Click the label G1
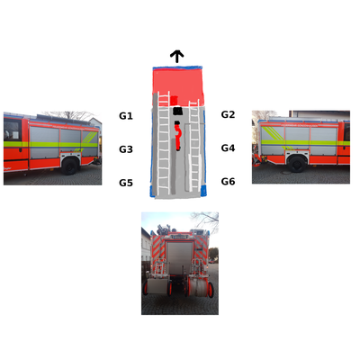[126, 116]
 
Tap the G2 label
[228, 114]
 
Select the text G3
[126, 149]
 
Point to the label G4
[228, 148]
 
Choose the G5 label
[126, 183]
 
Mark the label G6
[228, 182]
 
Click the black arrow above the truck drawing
[177, 57]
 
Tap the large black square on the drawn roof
[178, 111]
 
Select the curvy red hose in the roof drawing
[178, 138]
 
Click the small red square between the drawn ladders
[174, 100]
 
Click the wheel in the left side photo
[69, 166]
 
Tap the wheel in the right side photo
[297, 164]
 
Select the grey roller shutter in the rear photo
[179, 258]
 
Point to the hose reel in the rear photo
[199, 287]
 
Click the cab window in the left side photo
[12, 130]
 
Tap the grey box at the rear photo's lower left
[157, 286]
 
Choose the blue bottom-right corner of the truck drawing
[203, 190]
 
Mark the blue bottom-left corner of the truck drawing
[153, 191]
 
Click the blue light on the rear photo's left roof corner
[153, 232]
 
